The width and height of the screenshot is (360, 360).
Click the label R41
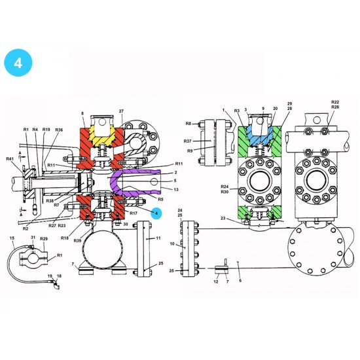pos(10,159)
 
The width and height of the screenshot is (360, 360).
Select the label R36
pos(59,130)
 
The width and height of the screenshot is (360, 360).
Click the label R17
pos(134,213)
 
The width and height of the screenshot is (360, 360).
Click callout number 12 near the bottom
pos(217,281)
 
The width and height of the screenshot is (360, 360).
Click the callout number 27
pos(121,112)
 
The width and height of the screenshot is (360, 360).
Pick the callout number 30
pos(125,224)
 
